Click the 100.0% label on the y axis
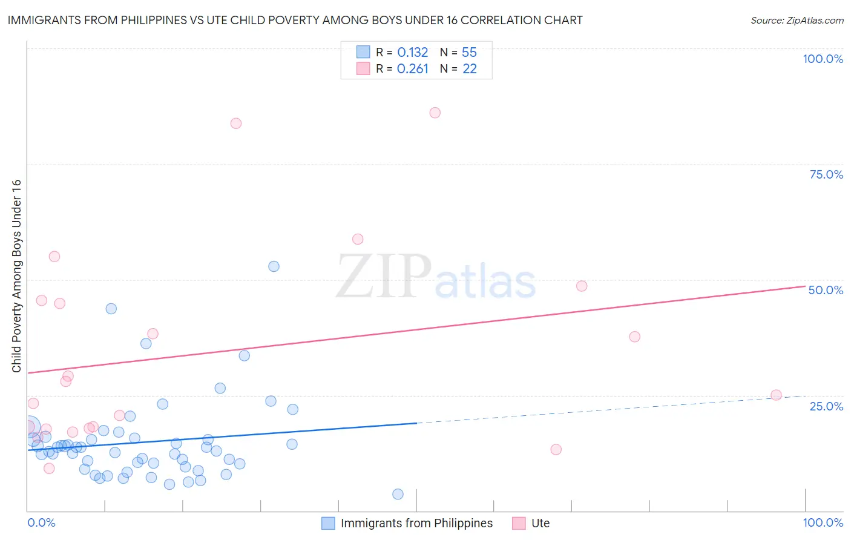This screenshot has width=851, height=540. tap(823, 59)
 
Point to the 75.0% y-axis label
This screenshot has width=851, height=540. tap(826, 174)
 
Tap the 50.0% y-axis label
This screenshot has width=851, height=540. tap(826, 290)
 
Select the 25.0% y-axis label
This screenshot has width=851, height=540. tap(826, 406)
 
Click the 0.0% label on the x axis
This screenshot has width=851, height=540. tap(41, 522)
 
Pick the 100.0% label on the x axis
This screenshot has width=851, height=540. tap(823, 522)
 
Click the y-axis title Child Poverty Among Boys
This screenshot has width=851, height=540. tap(16, 276)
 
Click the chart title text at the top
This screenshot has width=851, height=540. tap(295, 20)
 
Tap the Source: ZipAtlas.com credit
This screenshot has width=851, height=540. tap(797, 20)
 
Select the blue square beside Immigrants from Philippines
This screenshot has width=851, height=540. tap(328, 523)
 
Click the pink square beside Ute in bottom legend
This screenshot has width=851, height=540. tap(519, 523)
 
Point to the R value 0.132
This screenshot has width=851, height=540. tap(412, 53)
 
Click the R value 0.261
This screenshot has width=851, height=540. tap(412, 69)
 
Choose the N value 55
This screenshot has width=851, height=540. tap(469, 53)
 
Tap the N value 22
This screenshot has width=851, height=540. tap(469, 69)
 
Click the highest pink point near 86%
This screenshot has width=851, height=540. tap(435, 113)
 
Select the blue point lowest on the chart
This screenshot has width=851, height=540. tap(398, 494)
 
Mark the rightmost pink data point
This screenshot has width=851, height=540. tap(776, 395)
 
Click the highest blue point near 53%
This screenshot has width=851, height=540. tap(274, 266)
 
